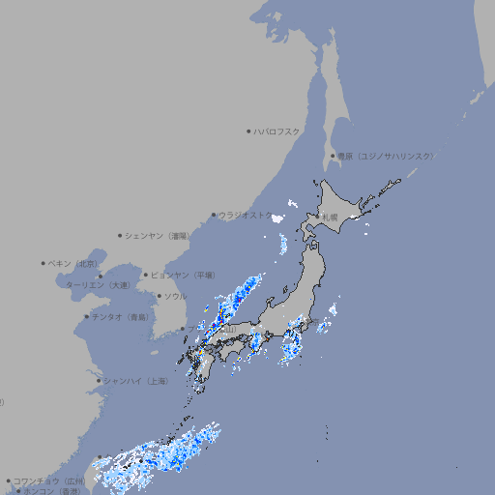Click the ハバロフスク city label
tap(277, 131)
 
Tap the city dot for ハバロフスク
tap(248, 131)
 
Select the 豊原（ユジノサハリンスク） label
tap(385, 156)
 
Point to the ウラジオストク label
tap(246, 215)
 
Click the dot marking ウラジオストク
tap(214, 215)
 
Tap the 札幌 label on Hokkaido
tap(330, 218)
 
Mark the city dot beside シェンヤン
tap(120, 235)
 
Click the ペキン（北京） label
tap(73, 263)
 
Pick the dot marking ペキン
tap(44, 263)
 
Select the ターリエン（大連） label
tap(98, 285)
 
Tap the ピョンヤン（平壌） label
tap(182, 276)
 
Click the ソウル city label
tap(175, 296)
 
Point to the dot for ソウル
tap(159, 296)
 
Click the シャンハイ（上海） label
tap(135, 381)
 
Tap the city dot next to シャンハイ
tap(99, 381)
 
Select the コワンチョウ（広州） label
tap(48, 480)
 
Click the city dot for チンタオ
tap(87, 317)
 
